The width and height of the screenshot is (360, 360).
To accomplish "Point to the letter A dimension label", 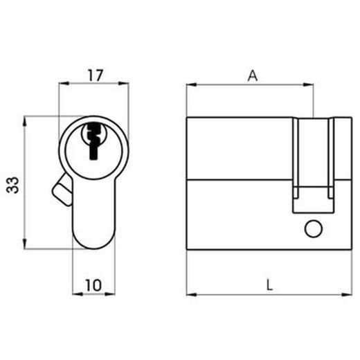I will (252, 75).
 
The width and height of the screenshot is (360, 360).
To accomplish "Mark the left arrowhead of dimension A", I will (192, 86).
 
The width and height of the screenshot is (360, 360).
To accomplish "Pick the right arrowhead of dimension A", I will (310, 86).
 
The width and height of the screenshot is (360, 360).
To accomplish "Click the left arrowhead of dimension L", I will (192, 294).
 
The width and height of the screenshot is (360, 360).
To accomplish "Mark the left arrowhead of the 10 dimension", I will (76, 294).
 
